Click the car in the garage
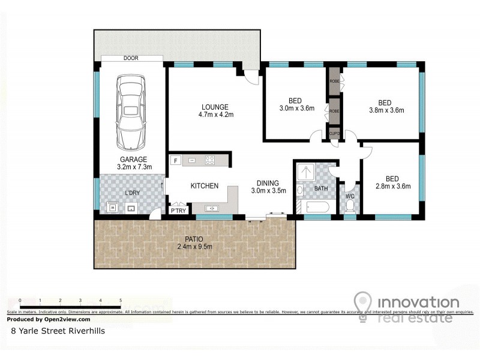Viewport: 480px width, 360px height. (x=131, y=112)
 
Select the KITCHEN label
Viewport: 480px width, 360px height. (x=205, y=186)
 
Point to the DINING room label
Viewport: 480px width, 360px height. (x=268, y=183)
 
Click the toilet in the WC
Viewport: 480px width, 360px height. (x=349, y=205)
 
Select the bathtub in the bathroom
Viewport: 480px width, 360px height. (x=313, y=208)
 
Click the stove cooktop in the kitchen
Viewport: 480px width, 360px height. (x=211, y=160)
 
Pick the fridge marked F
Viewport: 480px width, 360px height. (x=176, y=160)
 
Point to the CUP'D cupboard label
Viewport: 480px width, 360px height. (x=334, y=133)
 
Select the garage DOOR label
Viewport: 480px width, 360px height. (x=131, y=58)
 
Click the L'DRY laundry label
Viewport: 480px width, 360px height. (x=132, y=193)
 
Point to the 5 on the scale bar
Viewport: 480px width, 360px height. (x=121, y=301)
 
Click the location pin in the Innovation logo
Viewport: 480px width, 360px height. (x=362, y=303)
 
